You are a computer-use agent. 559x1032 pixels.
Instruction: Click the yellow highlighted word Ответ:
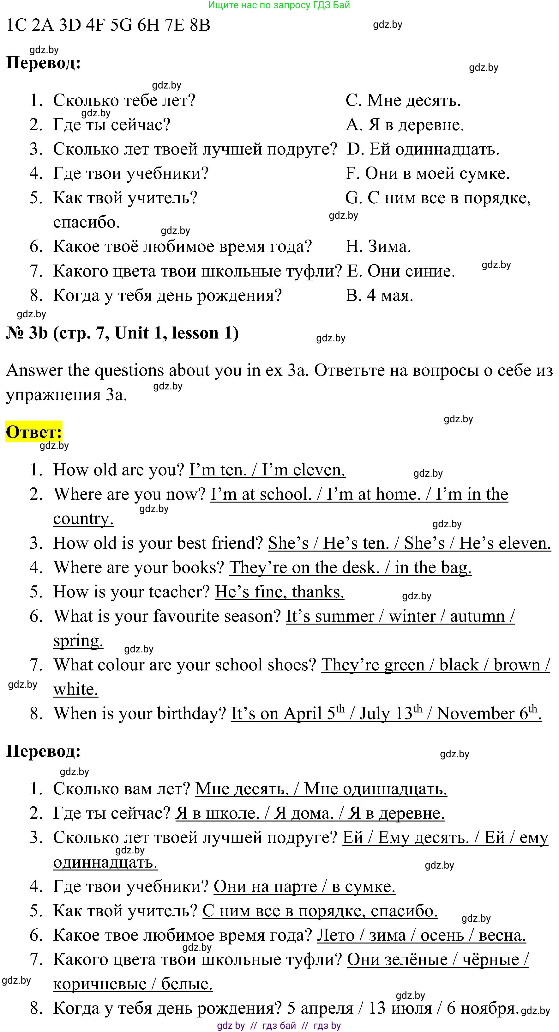[x=34, y=432]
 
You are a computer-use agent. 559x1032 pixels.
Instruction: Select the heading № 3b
[x=27, y=333]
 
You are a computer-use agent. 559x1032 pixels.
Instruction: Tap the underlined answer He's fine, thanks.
[x=279, y=592]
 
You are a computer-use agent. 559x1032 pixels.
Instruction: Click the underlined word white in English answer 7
[x=76, y=689]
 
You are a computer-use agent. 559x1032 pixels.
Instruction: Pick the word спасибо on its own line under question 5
[x=87, y=222]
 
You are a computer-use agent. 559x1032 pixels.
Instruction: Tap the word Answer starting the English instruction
[x=34, y=370]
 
